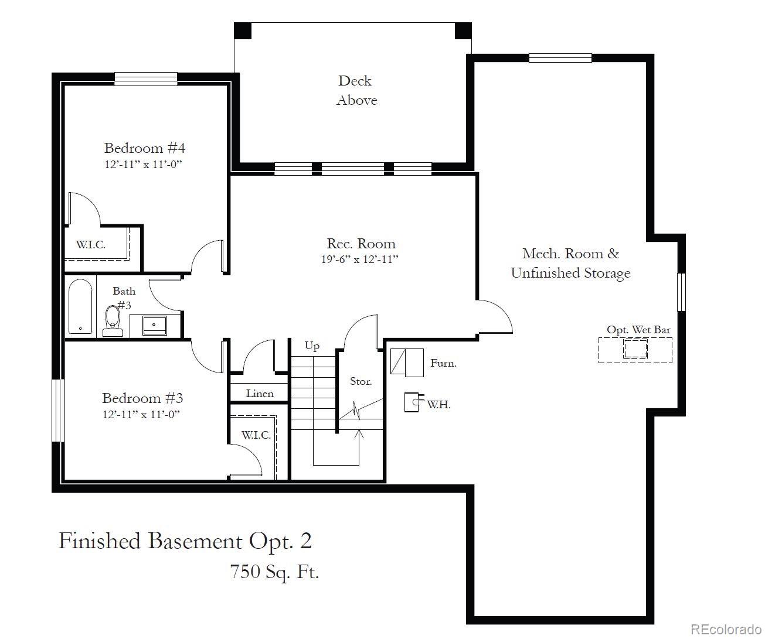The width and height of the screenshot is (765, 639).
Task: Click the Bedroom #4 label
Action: [x=144, y=148]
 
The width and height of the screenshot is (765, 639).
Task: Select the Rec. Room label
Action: [x=361, y=244]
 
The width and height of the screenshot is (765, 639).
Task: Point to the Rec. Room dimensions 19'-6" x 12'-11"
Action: [x=359, y=259]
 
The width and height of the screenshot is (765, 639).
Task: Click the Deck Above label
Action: [x=356, y=90]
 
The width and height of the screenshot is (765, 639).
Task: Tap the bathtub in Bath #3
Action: [x=80, y=307]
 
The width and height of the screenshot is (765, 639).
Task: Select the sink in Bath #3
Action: [x=155, y=324]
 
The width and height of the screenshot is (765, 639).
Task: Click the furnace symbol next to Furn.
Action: [x=407, y=363]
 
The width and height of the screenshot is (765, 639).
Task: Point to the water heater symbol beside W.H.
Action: [x=414, y=402]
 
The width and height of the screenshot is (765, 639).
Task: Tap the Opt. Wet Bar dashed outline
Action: [x=635, y=350]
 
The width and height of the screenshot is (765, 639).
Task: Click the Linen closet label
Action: [x=260, y=394]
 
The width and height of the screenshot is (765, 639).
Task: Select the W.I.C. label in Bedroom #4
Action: [x=91, y=245]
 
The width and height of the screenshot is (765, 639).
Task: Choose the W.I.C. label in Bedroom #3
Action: [x=256, y=435]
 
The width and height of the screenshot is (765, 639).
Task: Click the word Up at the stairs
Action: [x=312, y=346]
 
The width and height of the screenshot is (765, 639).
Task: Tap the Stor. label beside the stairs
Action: [x=361, y=381]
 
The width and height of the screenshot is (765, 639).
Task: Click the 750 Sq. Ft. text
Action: [x=274, y=571]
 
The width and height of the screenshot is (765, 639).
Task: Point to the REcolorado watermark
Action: [x=725, y=629]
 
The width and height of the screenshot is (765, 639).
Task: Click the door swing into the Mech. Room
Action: [x=496, y=317]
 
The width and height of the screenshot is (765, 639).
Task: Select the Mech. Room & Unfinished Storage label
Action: [x=570, y=263]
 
